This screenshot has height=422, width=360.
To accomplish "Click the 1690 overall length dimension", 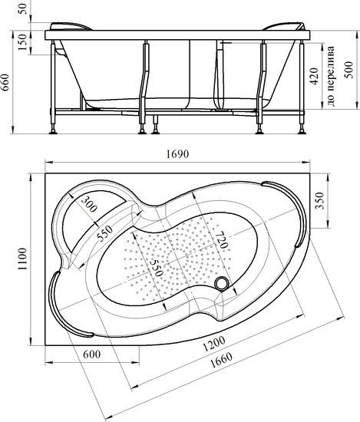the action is pyautogui.click(x=178, y=154).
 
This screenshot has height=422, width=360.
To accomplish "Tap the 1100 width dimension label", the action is pyautogui.click(x=22, y=259).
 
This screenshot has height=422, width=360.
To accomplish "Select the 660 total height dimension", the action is pyautogui.click(x=5, y=82).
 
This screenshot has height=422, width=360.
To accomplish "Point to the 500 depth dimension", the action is pyautogui.click(x=349, y=70).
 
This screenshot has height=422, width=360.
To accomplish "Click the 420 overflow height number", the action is pyautogui.click(x=314, y=76).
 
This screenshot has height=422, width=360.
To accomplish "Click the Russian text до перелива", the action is pyautogui.click(x=331, y=76).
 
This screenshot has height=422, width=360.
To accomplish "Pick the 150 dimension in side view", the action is pyautogui.click(x=22, y=42).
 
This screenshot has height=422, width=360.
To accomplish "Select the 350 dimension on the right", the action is pyautogui.click(x=319, y=200).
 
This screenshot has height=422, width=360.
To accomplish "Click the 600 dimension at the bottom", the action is pyautogui.click(x=92, y=354).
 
